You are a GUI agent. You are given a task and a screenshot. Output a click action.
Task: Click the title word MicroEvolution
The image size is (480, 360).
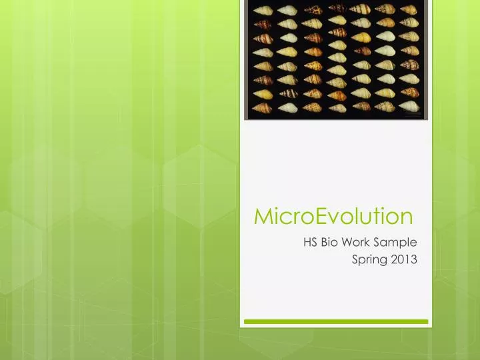334,217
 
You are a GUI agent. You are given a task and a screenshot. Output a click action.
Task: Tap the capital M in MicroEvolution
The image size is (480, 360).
263,217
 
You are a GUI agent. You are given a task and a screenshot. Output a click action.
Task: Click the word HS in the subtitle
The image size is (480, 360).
310,242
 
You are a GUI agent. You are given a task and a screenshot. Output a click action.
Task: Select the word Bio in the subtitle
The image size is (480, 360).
330,242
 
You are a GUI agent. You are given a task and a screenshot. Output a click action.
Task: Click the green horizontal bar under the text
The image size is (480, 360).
335,321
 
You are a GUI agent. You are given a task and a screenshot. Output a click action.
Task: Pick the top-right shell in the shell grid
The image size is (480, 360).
410,9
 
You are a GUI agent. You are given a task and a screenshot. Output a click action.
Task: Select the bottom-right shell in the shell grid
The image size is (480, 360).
410,107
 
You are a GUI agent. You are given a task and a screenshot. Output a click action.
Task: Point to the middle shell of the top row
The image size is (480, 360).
337,9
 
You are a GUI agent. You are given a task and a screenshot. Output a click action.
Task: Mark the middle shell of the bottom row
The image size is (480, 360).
337,107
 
